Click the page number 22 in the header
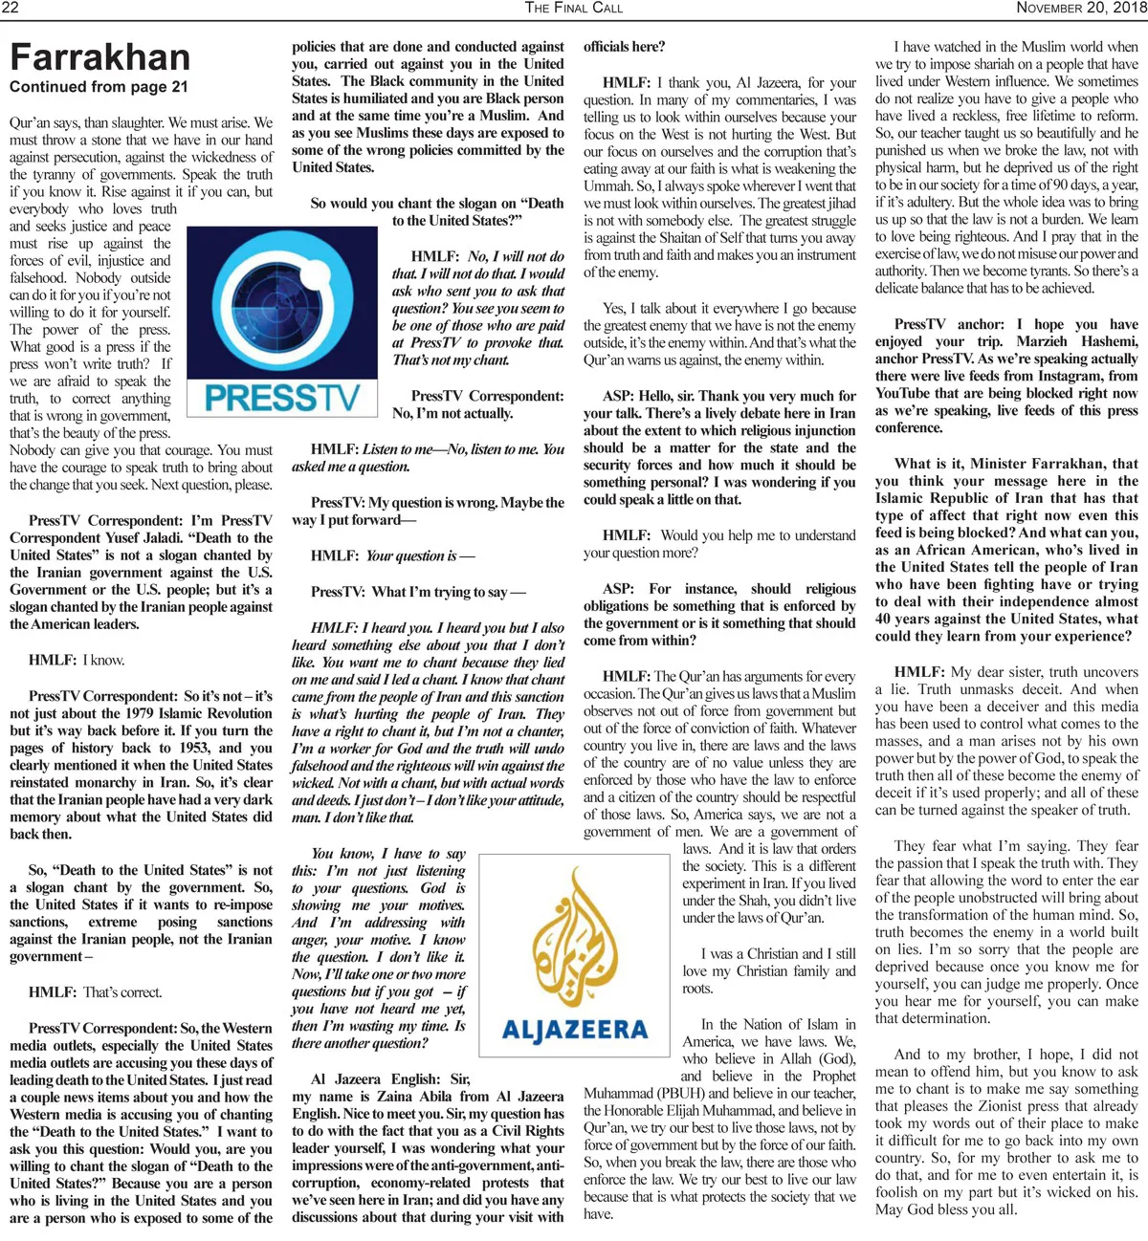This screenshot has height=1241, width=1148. pos(11,8)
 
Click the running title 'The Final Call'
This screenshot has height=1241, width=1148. pos(573,8)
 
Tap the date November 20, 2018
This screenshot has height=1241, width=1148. pos(1081,8)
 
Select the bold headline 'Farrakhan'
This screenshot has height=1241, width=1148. pos(100,57)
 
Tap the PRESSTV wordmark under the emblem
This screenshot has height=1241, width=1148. pos(281,397)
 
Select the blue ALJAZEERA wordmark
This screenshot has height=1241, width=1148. pos(575,1030)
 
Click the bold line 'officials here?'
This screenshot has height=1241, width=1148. pos(624,47)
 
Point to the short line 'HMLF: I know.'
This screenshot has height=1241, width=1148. pos(77,660)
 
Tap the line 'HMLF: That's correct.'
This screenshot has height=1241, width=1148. pos(96,992)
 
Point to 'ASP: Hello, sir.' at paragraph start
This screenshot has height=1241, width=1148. pos(651,396)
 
